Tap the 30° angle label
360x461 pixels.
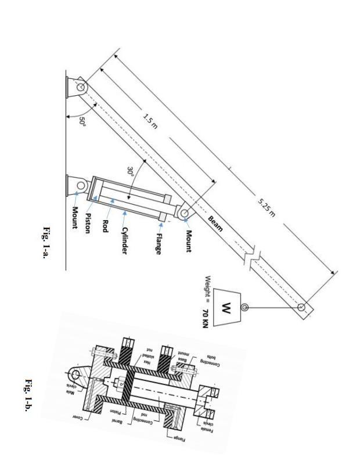133,172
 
